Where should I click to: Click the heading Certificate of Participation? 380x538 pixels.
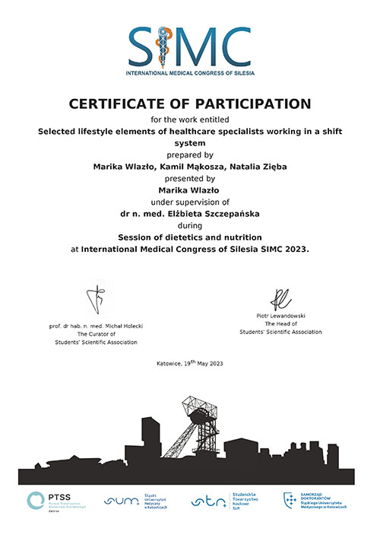190,102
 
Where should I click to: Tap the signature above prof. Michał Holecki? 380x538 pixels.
97,301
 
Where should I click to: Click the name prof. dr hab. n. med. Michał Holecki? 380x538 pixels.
96,326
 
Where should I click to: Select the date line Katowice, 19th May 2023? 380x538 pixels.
190,363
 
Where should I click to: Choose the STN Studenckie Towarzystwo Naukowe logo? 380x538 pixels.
220,501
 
